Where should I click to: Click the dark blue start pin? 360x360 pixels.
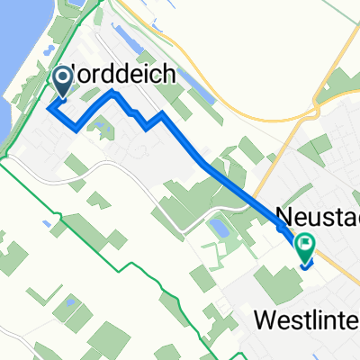64,83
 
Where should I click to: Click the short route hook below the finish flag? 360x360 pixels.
305,264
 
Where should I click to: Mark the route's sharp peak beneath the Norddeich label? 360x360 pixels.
112,92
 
